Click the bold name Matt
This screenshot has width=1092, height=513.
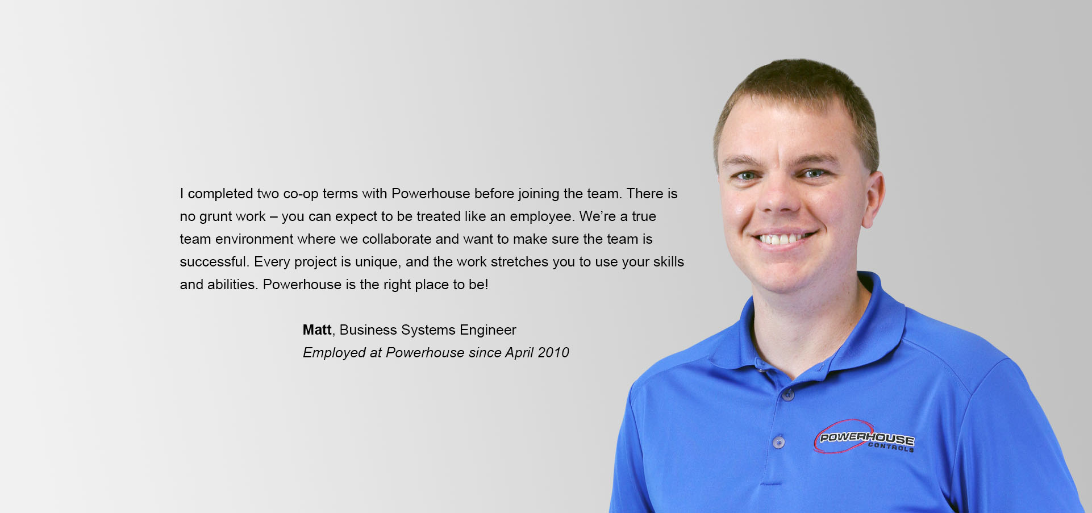[317, 330]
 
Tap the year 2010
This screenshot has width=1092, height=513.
[553, 353]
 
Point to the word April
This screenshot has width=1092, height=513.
[519, 353]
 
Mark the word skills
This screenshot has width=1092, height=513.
[669, 262]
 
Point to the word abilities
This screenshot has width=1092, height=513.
[232, 285]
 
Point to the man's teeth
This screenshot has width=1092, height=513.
[785, 239]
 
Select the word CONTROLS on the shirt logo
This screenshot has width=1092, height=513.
[891, 447]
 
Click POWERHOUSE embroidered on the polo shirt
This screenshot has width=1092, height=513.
[867, 438]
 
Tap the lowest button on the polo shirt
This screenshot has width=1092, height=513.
[779, 441]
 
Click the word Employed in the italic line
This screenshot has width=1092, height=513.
[334, 353]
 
